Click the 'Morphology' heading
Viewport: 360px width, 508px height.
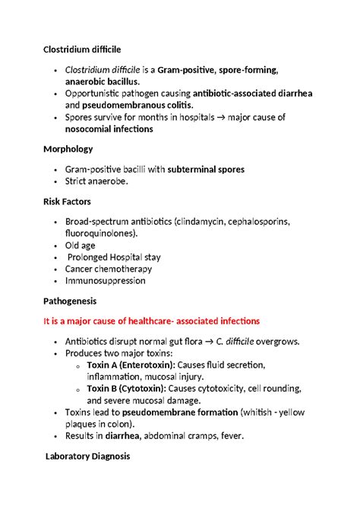(x=68, y=149)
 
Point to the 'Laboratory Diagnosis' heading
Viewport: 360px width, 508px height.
(x=87, y=457)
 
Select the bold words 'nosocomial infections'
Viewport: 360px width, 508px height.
(x=109, y=129)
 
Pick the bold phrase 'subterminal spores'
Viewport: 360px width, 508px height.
(x=216, y=169)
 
